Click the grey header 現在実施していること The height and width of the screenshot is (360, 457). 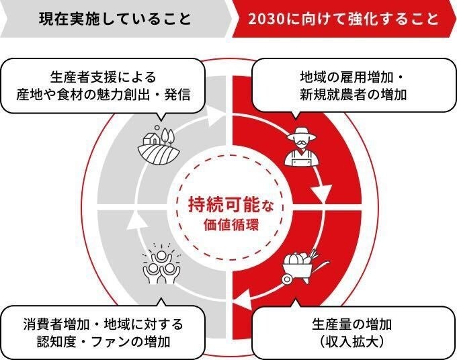click(114, 18)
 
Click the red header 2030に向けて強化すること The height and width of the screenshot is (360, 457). click(343, 18)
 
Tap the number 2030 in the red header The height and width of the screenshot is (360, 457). click(265, 18)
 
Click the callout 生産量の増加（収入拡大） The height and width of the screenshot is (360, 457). click(353, 332)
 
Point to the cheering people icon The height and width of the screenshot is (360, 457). click(162, 262)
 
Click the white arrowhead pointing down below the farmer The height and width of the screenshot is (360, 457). click(322, 195)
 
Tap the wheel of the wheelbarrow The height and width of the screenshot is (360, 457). click(287, 275)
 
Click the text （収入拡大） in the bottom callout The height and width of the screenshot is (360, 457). click(353, 342)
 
